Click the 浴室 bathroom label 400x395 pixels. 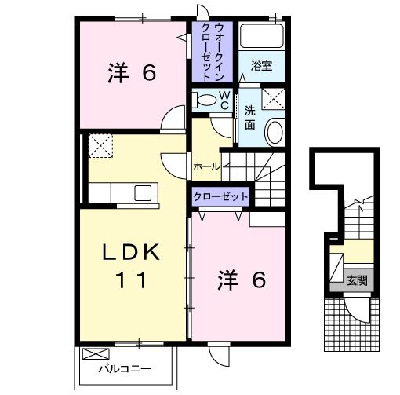click(x=262, y=66)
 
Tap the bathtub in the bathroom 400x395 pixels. click(x=261, y=38)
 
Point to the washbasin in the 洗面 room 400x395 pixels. click(x=274, y=132)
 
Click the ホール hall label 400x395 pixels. click(x=205, y=166)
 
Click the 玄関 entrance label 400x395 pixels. click(x=357, y=280)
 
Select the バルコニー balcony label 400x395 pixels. click(x=125, y=368)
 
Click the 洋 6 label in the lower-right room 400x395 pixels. click(x=242, y=280)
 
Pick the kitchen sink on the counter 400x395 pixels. click(x=144, y=193)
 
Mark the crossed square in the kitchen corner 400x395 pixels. click(x=100, y=145)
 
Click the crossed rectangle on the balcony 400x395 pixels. click(x=93, y=353)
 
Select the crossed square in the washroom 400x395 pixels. click(x=274, y=97)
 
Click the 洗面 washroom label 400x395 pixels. click(x=249, y=117)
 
